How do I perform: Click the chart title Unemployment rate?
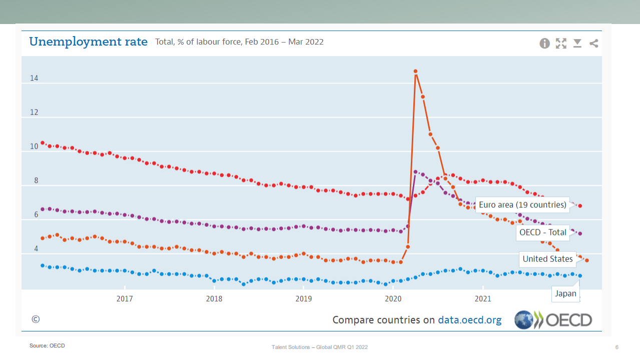click(89, 42)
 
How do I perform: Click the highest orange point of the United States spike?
click(415, 72)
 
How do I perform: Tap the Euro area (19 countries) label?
click(522, 205)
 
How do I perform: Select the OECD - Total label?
click(542, 232)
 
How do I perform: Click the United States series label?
click(547, 259)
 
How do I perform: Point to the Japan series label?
click(565, 294)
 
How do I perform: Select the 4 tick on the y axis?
click(36, 249)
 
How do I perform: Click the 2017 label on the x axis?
click(125, 299)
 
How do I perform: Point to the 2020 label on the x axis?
click(393, 299)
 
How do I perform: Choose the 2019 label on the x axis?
click(304, 299)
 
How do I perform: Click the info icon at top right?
click(544, 44)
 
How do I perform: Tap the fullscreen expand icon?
click(561, 44)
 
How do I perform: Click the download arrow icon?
click(577, 44)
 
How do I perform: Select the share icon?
click(593, 44)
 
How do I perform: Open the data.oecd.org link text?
click(469, 320)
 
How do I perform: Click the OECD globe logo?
click(524, 320)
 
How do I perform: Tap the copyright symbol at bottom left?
click(36, 319)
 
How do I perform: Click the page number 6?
click(616, 347)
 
